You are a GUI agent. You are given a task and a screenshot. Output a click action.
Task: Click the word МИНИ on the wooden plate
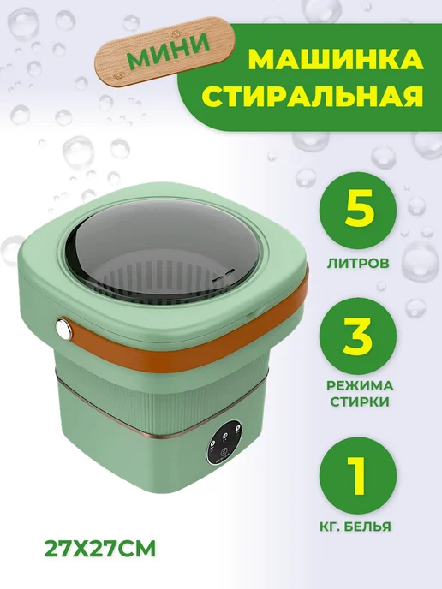click(x=168, y=50)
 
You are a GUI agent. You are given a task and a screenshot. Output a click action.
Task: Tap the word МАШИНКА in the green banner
click(x=335, y=60)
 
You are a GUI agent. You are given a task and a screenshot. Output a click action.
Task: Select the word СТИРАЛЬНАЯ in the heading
click(x=314, y=97)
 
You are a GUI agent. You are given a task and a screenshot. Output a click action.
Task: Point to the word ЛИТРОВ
click(x=357, y=264)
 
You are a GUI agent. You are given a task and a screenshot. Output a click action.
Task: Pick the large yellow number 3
click(x=357, y=335)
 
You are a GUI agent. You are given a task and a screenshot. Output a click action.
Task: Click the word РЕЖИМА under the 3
click(x=360, y=385)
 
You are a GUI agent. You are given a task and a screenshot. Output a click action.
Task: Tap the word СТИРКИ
click(x=360, y=402)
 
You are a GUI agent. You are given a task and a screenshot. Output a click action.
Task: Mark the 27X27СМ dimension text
click(x=100, y=550)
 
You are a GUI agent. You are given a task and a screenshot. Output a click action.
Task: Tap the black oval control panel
click(x=224, y=442)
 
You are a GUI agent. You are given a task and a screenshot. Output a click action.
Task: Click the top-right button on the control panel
click(x=236, y=429)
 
